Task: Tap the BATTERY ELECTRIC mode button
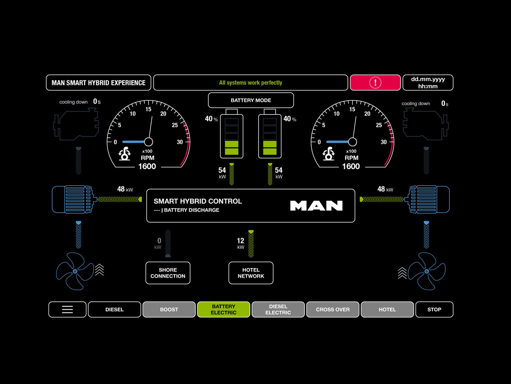(224, 310)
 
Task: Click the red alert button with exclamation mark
(375, 83)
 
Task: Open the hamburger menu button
(67, 310)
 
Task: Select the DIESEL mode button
(115, 310)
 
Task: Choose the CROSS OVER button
(333, 310)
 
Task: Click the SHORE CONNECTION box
(168, 273)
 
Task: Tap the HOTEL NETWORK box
(251, 273)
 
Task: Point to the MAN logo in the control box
(316, 206)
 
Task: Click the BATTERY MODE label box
(251, 100)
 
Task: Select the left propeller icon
(75, 271)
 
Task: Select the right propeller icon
(426, 271)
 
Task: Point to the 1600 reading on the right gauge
(351, 166)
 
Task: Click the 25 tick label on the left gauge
(175, 125)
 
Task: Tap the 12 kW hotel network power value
(240, 241)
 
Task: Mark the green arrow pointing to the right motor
(381, 199)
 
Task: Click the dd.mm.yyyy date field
(428, 83)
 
